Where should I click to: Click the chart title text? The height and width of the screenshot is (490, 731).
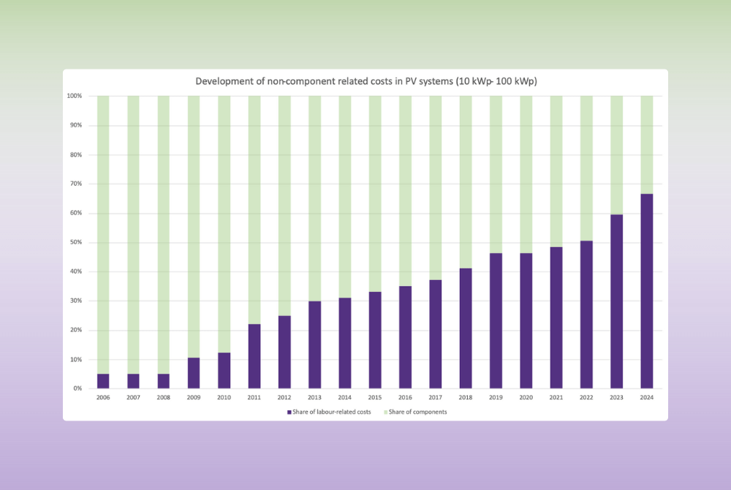click(365, 81)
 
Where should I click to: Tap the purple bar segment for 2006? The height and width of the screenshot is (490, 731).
click(103, 381)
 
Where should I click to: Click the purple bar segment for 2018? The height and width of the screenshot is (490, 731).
click(466, 328)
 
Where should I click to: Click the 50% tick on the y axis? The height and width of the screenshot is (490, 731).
click(75, 243)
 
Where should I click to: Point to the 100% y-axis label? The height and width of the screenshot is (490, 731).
click(74, 97)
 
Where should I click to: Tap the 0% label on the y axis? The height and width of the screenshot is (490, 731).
click(77, 389)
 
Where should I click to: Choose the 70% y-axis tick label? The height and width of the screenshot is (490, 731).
click(75, 184)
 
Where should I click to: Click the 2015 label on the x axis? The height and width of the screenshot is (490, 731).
click(375, 398)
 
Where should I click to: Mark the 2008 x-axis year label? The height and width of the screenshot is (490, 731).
click(164, 398)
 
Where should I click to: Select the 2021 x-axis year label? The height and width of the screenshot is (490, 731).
click(556, 398)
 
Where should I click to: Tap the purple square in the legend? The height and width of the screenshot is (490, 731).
click(289, 412)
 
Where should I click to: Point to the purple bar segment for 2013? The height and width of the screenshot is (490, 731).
click(314, 344)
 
